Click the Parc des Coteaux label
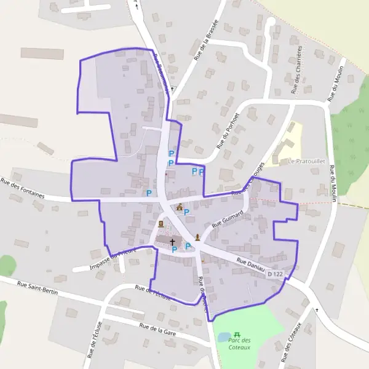(x=239, y=344)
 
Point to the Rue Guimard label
(x=228, y=219)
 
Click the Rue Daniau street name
(x=250, y=266)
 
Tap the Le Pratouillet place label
(x=306, y=162)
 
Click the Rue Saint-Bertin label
(x=38, y=288)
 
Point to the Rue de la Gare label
(x=158, y=330)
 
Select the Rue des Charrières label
(x=298, y=69)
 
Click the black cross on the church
(x=172, y=242)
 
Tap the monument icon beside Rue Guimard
(x=197, y=237)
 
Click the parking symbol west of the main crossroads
(x=149, y=193)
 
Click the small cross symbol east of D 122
(x=317, y=310)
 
